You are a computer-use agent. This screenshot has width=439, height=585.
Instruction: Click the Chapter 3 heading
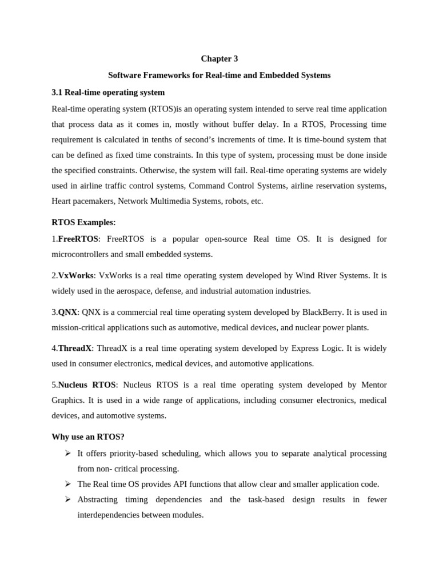click(x=219, y=59)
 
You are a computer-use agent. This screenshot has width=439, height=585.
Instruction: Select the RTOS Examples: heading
click(x=83, y=222)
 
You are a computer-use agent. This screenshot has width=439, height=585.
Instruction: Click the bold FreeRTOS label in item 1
click(x=78, y=239)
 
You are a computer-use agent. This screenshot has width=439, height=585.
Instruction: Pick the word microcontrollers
click(x=81, y=254)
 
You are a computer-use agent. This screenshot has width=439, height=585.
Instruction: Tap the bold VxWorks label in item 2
click(x=75, y=275)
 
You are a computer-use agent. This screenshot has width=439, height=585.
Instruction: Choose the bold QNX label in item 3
click(x=67, y=312)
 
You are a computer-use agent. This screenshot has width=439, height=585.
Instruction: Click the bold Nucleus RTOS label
click(x=87, y=385)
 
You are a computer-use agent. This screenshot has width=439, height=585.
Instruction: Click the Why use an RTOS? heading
click(x=88, y=437)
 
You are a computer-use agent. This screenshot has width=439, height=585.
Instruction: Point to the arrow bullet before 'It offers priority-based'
click(x=67, y=453)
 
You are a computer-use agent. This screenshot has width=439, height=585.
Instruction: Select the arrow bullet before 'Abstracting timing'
click(x=67, y=499)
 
